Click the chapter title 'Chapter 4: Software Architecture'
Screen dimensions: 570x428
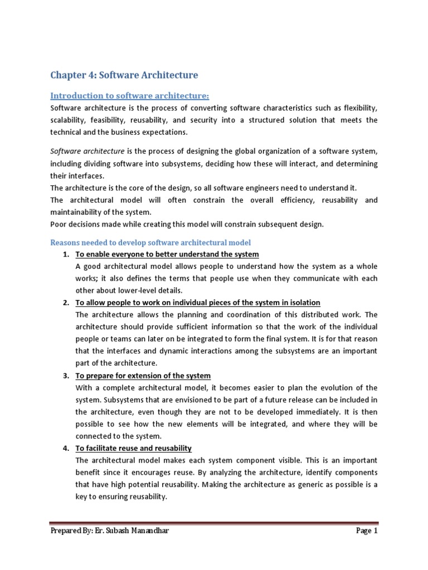pos(124,75)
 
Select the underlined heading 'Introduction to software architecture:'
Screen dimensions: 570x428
pos(129,96)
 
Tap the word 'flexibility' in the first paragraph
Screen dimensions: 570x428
pos(358,108)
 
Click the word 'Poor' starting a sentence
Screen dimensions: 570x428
pos(60,224)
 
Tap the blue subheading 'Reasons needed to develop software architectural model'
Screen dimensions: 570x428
pos(150,243)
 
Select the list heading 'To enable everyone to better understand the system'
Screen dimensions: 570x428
pos(167,254)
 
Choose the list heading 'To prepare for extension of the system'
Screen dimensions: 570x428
pos(143,376)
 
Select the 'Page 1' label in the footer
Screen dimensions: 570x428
pos(367,531)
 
